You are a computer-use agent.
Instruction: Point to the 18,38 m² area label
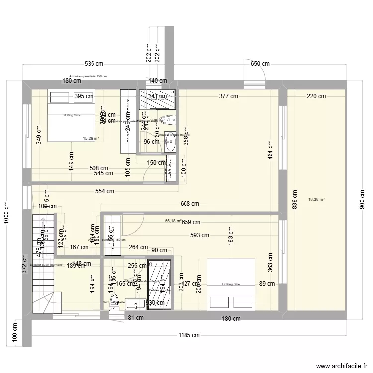click(316, 199)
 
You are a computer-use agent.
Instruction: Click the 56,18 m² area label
click(173, 221)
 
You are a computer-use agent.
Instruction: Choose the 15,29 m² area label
click(91, 139)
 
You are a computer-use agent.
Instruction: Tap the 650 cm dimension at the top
click(260, 64)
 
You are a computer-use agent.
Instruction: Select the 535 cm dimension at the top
click(94, 64)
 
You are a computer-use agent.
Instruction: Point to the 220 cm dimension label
click(316, 96)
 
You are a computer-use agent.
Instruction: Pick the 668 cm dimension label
click(189, 204)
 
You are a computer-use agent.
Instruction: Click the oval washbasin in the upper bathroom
click(170, 143)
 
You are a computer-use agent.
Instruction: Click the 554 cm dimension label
click(105, 191)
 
